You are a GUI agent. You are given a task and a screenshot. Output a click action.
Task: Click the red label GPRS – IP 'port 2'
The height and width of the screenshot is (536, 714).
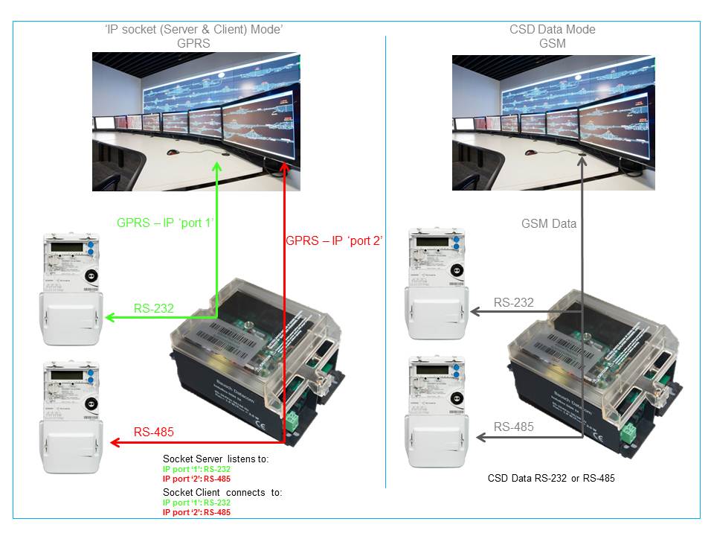tap(334, 240)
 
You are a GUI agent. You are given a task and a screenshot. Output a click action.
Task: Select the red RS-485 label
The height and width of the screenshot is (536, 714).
tap(155, 432)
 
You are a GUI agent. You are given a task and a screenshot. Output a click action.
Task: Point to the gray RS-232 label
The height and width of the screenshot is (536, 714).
tap(514, 302)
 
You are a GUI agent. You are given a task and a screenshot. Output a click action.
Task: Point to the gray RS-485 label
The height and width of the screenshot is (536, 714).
tap(514, 427)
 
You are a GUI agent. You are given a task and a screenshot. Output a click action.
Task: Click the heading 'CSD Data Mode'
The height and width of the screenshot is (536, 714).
tap(552, 30)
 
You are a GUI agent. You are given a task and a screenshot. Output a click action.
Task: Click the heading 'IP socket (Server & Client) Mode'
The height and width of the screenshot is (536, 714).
tap(193, 30)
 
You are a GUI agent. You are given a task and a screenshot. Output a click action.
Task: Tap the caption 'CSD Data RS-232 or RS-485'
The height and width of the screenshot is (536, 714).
tap(551, 478)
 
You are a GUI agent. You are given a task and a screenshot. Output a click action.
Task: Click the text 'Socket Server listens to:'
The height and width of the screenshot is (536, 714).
tap(216, 459)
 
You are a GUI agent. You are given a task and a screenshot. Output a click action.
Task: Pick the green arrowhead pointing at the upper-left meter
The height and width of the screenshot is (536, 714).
tap(109, 319)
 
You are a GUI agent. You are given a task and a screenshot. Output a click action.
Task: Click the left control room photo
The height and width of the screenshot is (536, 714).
tap(196, 121)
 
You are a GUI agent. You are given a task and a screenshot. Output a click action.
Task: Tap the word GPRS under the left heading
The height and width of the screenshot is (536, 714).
tap(193, 43)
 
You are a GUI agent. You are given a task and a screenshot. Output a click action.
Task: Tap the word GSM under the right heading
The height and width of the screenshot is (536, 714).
tap(552, 43)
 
